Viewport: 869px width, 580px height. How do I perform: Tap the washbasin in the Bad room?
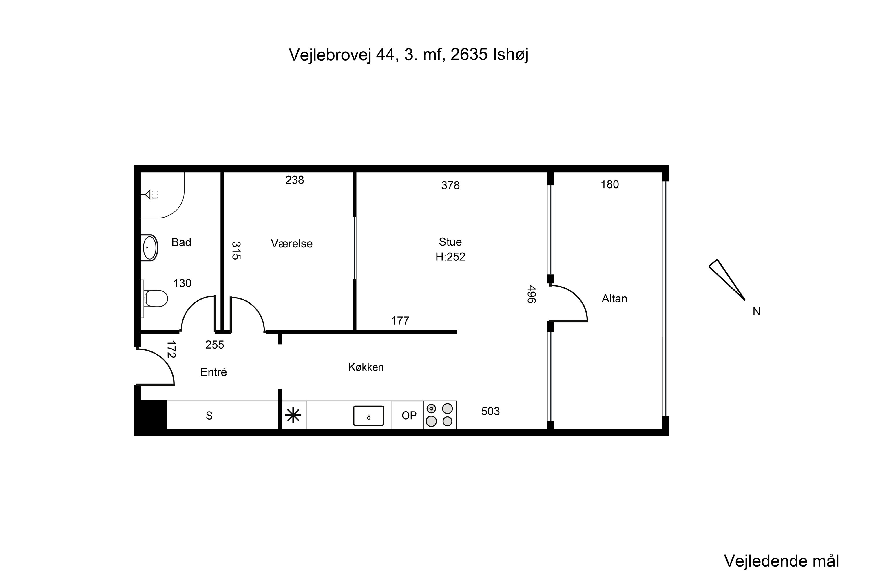pos(150,248)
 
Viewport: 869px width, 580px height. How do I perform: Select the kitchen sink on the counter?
pos(368,416)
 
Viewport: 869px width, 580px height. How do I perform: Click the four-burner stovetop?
pos(440,415)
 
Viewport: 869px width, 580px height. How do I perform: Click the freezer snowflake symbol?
pos(293,415)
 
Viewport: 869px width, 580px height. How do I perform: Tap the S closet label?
pos(209,416)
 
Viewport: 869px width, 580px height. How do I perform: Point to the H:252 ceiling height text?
pos(450,257)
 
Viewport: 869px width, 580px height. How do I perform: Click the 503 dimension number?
pos(490,411)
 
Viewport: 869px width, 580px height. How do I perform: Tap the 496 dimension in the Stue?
pos(531,294)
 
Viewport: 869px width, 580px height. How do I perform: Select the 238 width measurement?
pos(295,180)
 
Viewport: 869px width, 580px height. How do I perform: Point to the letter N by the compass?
pos(756,312)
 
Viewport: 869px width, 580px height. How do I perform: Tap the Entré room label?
pos(213,372)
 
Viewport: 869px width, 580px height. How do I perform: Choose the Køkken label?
pos(366,367)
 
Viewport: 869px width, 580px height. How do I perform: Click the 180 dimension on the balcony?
pos(610,184)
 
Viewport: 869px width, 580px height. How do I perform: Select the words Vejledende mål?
pos(782,561)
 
